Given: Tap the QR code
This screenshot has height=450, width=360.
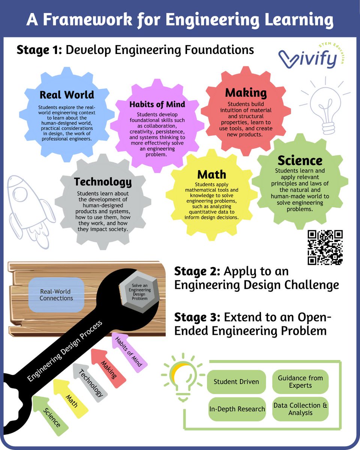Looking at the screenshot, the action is tap(325, 247).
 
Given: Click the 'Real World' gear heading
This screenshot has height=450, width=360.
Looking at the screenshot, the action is tap(67, 94).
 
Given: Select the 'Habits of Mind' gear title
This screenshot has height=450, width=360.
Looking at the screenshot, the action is tap(157, 104).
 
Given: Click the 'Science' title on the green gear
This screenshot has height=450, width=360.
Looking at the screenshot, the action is tap(300, 160).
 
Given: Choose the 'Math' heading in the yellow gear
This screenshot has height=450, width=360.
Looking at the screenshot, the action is tap(212, 174).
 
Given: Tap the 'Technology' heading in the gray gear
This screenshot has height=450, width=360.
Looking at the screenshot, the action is tap(103, 182).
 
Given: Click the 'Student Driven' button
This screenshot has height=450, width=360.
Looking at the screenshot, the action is tap(236, 382).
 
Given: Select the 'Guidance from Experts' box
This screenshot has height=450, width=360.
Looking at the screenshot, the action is tap(300, 382).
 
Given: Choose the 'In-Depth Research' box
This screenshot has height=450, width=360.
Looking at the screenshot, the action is tap(237, 409).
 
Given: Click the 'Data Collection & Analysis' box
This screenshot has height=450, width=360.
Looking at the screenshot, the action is tap(300, 409).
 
